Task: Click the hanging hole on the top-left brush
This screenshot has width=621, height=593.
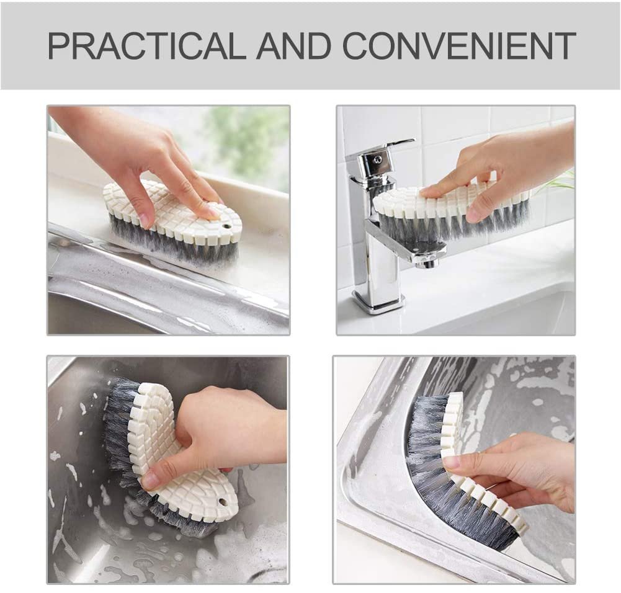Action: point(226,227)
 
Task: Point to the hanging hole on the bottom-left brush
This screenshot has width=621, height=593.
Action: point(223,502)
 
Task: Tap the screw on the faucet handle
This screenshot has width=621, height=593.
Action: point(375,159)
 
